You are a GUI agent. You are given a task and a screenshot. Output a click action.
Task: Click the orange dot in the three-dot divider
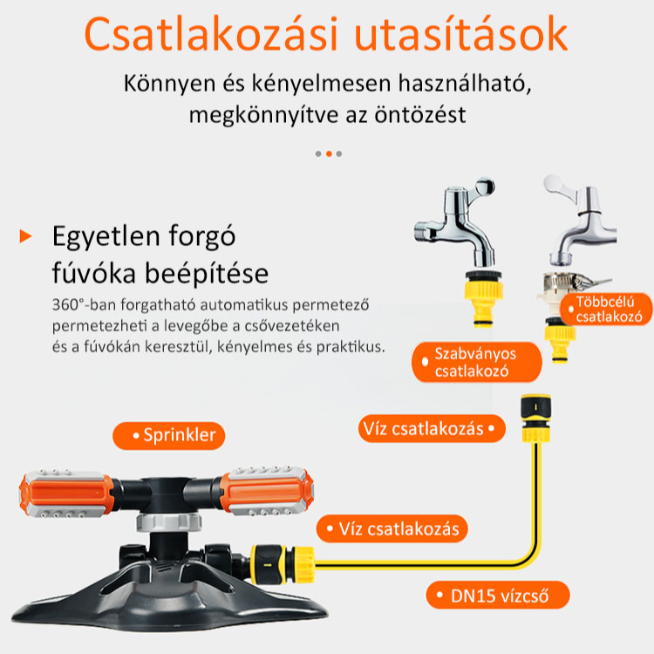tap(329, 153)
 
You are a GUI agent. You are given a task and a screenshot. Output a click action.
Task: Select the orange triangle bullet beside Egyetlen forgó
tap(25, 235)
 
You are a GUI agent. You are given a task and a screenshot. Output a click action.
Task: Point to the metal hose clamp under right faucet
tap(558, 283)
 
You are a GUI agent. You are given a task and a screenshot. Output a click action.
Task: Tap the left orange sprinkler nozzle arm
tap(65, 494)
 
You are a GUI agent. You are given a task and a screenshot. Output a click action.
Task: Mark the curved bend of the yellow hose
tap(523, 549)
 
